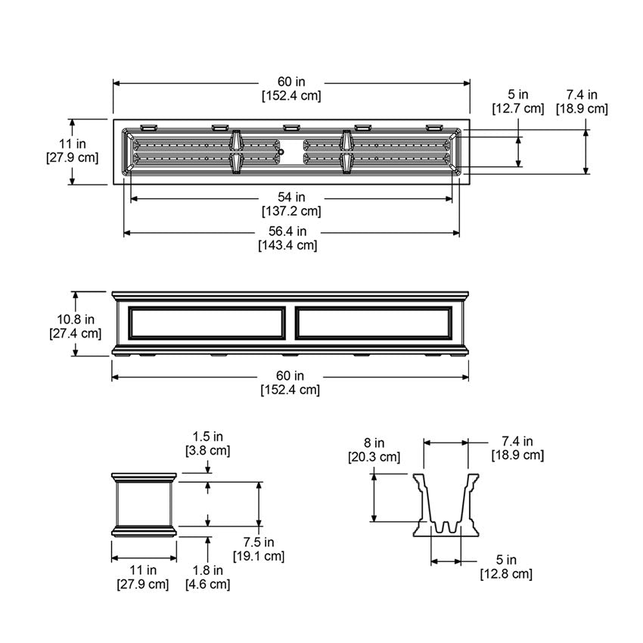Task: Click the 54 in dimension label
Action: coord(290,197)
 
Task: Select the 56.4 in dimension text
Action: coord(290,231)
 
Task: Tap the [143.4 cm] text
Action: coord(290,245)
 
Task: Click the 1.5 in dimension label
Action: coord(207,436)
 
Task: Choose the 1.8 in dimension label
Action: coord(207,570)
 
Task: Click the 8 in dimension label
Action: coord(374,443)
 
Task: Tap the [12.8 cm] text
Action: coord(506,574)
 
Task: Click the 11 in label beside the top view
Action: coord(72,143)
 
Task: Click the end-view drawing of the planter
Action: coord(144,502)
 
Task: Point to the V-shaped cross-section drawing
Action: coord(446,505)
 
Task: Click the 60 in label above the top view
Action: coord(290,82)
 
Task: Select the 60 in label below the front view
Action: coord(290,375)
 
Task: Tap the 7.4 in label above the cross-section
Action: coord(517,441)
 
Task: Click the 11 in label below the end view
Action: coord(142,570)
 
